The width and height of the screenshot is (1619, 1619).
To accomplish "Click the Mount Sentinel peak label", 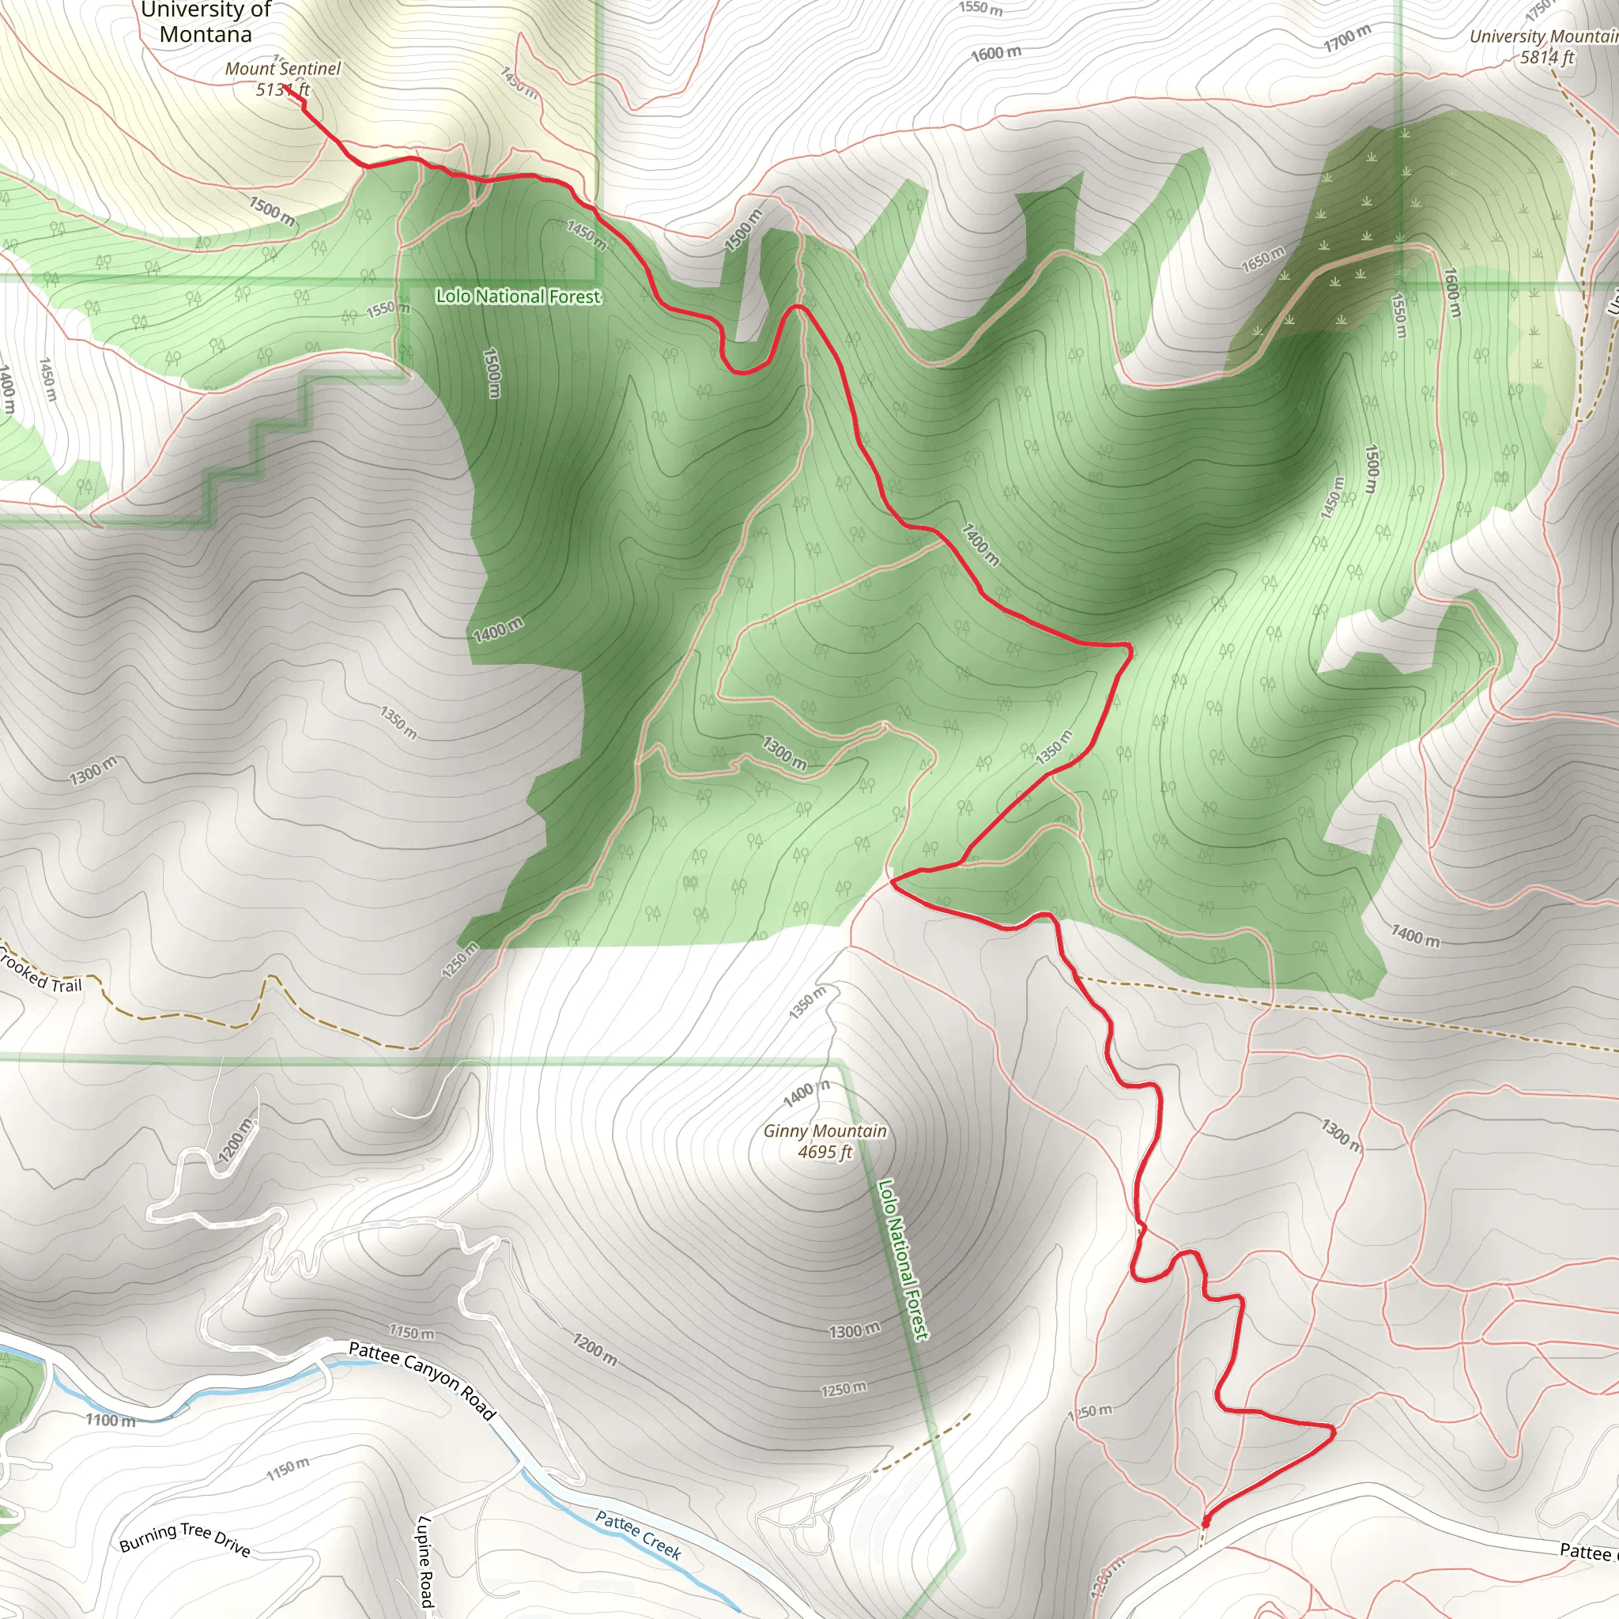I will pyautogui.click(x=283, y=69).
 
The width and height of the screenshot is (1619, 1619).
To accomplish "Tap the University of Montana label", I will pyautogui.click(x=206, y=23).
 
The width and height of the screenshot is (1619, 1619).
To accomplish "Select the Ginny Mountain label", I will pyautogui.click(x=825, y=1131).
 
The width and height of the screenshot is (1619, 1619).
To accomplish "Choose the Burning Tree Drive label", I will pyautogui.click(x=185, y=1538).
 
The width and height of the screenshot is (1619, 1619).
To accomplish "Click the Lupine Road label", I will pyautogui.click(x=426, y=1561).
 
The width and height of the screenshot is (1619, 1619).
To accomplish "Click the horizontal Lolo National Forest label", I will pyautogui.click(x=518, y=296).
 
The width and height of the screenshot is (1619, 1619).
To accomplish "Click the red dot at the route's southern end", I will pyautogui.click(x=1206, y=1521).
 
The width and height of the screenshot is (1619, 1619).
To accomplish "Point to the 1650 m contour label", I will pyautogui.click(x=1262, y=259).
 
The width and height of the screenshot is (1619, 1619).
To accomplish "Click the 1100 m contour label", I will pyautogui.click(x=110, y=1421).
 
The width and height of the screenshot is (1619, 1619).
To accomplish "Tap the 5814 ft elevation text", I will pyautogui.click(x=1547, y=57).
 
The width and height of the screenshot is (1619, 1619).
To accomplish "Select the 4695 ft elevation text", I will pyautogui.click(x=825, y=1153).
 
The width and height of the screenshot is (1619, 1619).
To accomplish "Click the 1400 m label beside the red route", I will pyautogui.click(x=979, y=544).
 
